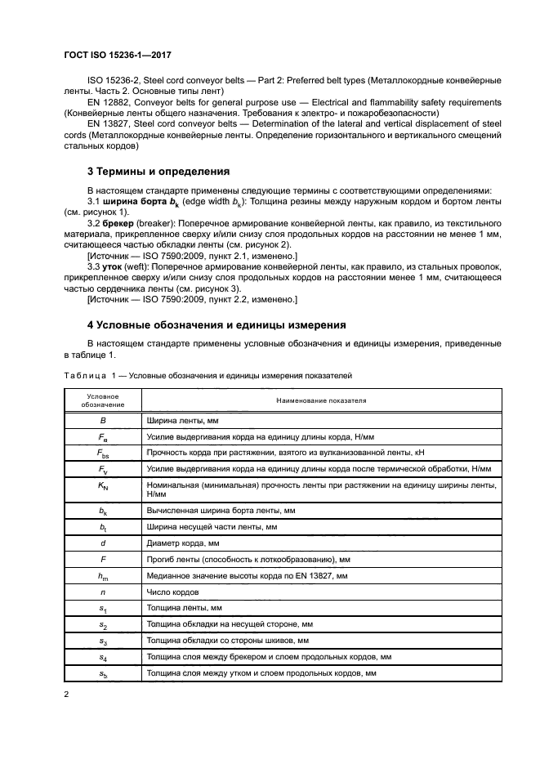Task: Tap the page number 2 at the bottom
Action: (x=66, y=694)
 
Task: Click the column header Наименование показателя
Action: (x=321, y=401)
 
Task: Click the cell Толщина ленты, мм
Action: (x=184, y=609)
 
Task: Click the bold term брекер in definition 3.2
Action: (x=119, y=222)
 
